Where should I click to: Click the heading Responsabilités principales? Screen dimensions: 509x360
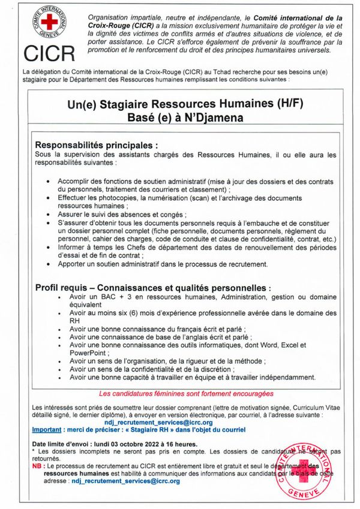(x=97, y=144)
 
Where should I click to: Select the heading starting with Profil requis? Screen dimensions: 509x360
(x=153, y=288)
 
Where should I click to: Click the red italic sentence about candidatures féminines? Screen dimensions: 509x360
(x=185, y=393)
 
